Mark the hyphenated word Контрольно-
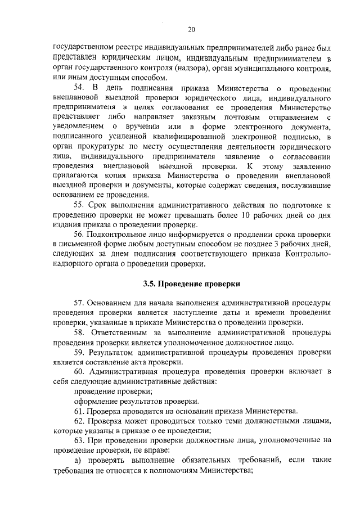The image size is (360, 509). (308, 254)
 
